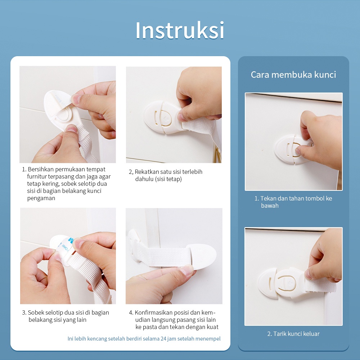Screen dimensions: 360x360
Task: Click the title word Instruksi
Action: pos(180,30)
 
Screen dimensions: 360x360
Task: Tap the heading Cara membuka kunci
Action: pos(293,75)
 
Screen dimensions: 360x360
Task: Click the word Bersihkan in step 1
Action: pos(41,169)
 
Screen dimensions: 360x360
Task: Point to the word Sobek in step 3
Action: pos(36,312)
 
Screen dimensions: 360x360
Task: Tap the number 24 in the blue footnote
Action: pos(163,339)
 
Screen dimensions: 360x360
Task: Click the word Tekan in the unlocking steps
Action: pos(268,198)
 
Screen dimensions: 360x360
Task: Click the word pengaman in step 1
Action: pos(41,198)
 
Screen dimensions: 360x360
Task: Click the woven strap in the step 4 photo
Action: pos(164,256)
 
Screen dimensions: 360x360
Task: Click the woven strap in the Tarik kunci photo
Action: pos(320,285)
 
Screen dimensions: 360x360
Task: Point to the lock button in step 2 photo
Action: pos(167,120)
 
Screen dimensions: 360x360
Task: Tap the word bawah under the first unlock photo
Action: pos(270,206)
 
